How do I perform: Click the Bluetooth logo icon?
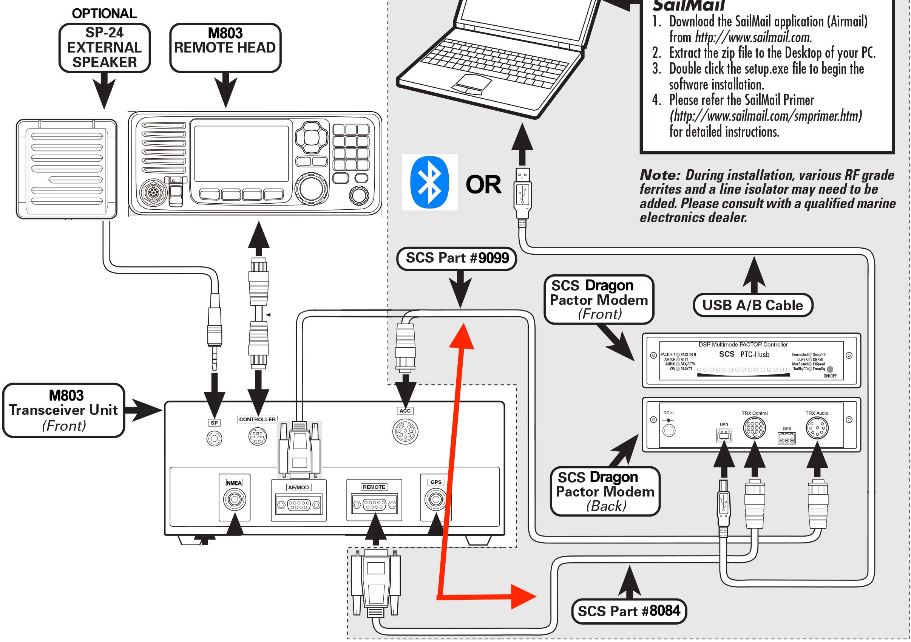point(429,182)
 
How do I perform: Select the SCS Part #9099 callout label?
point(456,258)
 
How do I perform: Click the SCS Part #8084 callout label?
point(628,611)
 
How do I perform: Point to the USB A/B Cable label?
point(753,305)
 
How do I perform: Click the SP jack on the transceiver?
point(214,438)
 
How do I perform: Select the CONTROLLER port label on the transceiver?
point(257,419)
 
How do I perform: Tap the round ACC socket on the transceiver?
point(405,432)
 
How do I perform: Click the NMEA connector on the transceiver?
point(235,500)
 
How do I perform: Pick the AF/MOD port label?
point(298,487)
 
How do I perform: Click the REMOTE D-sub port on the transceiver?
point(374,504)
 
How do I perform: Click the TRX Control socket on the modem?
point(754,428)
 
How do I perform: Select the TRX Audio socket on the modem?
point(817,428)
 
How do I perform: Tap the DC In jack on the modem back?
point(669,430)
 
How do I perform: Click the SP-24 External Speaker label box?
point(104,48)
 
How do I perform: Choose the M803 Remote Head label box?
point(225,48)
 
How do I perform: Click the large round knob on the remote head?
point(311,188)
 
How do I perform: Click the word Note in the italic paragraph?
point(659,175)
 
